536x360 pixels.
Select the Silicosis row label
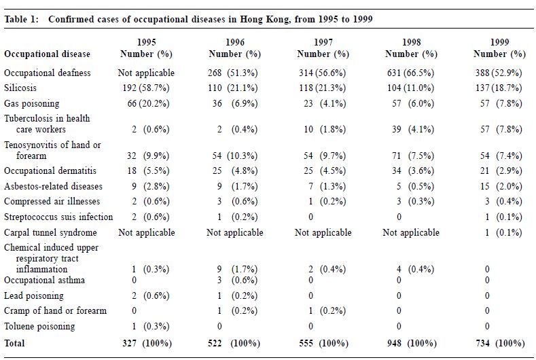click(20, 88)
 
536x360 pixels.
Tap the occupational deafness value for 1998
click(410, 73)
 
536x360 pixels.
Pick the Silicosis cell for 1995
click(146, 88)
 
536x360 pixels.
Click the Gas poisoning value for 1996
click(235, 103)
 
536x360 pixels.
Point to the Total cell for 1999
click(500, 343)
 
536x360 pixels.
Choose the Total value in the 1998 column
click(412, 343)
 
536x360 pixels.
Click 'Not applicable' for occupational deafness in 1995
click(146, 73)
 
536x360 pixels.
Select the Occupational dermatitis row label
click(50, 170)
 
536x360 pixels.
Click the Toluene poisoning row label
click(39, 326)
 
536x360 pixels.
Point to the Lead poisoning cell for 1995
click(151, 295)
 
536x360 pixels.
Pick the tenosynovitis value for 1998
click(413, 156)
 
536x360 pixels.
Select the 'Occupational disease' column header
click(47, 54)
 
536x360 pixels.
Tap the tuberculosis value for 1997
click(325, 129)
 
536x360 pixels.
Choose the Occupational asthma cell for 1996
click(237, 280)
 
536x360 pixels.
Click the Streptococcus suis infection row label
click(58, 217)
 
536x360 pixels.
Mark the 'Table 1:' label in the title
click(22, 19)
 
